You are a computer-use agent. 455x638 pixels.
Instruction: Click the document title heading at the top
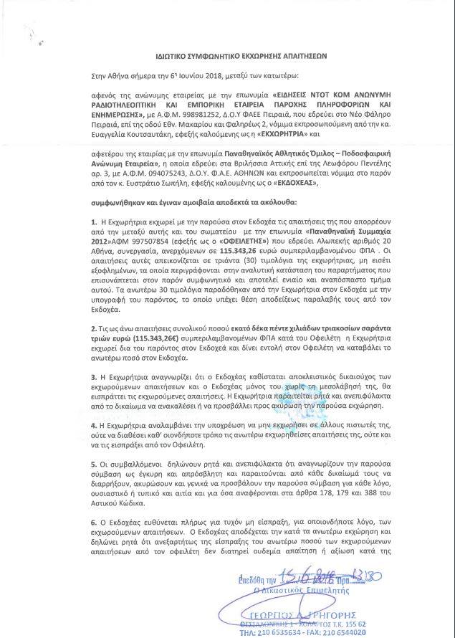tap(228, 53)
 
